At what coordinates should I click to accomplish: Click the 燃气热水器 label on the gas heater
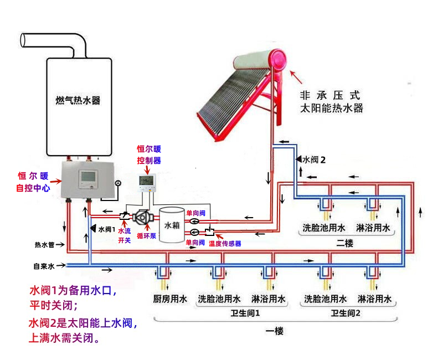click(81, 101)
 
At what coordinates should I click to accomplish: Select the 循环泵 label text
click(146, 235)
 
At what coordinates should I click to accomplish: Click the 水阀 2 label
click(313, 160)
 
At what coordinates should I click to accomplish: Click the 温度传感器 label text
click(225, 243)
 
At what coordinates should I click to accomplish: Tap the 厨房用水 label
click(170, 300)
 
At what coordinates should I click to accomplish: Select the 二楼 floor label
click(344, 243)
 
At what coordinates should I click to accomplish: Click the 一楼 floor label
click(275, 331)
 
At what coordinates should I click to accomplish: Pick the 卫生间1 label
click(245, 313)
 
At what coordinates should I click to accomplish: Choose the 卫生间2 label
click(346, 313)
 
